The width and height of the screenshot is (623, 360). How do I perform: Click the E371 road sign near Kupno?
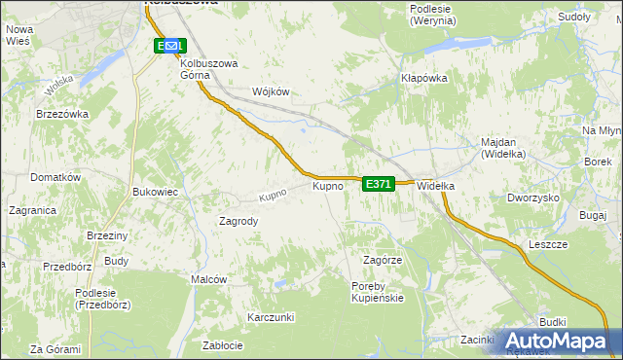pyautogui.click(x=379, y=184)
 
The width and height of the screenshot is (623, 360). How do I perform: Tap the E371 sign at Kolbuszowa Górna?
pyautogui.click(x=169, y=46)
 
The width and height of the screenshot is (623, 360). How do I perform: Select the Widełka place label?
pyautogui.click(x=436, y=186)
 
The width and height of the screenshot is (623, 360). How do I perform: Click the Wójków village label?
pyautogui.click(x=272, y=91)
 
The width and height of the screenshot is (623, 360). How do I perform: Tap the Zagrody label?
pyautogui.click(x=238, y=221)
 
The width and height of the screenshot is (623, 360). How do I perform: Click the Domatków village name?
pyautogui.click(x=55, y=178)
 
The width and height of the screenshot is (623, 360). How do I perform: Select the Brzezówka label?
pyautogui.click(x=62, y=114)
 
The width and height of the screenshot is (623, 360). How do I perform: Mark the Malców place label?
pyautogui.click(x=209, y=279)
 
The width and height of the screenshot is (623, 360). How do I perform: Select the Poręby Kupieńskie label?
pyautogui.click(x=377, y=291)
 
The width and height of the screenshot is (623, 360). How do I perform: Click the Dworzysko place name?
pyautogui.click(x=532, y=198)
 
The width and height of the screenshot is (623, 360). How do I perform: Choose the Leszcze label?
pyautogui.click(x=548, y=245)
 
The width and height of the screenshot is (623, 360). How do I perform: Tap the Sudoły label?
pyautogui.click(x=574, y=18)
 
